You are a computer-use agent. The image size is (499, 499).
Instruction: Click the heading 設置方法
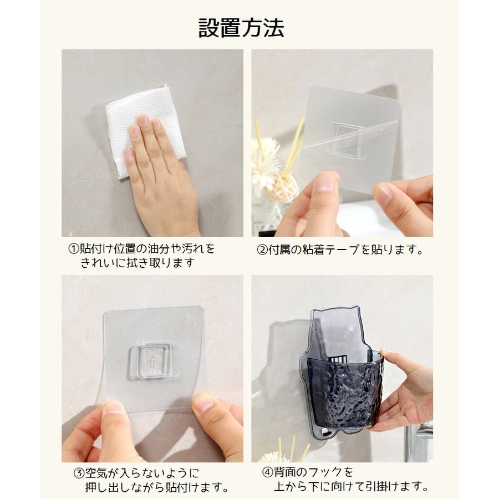pos(241,28)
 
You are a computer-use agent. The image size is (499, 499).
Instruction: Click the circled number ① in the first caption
pos(74,249)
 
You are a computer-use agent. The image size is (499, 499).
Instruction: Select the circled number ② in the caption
pos(263,250)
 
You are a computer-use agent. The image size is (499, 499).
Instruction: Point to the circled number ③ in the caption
pos(79,473)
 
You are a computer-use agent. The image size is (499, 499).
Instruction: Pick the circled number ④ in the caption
pos(268,472)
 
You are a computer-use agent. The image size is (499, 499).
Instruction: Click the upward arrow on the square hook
pos(152,362)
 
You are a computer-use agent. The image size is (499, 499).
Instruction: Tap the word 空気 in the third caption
pos(96,473)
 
